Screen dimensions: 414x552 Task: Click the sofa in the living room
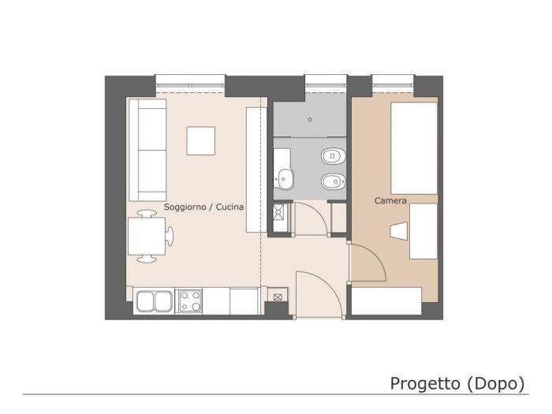tap(148, 150)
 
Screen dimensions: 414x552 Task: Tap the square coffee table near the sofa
tap(200, 140)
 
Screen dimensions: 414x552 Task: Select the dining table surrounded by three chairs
tap(146, 235)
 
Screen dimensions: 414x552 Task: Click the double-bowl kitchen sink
tap(154, 300)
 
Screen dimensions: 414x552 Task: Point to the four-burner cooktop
tap(190, 300)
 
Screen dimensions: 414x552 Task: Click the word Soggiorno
tap(185, 206)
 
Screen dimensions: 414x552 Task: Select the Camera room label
tap(390, 201)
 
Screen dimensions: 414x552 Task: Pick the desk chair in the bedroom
tap(399, 231)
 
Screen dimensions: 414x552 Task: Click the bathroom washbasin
tap(285, 179)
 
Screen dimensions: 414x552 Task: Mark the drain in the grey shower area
tap(310, 121)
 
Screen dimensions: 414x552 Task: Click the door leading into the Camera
tap(367, 260)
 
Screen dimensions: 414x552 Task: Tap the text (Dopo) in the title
tap(496, 383)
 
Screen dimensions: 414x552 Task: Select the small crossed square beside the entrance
tap(278, 297)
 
